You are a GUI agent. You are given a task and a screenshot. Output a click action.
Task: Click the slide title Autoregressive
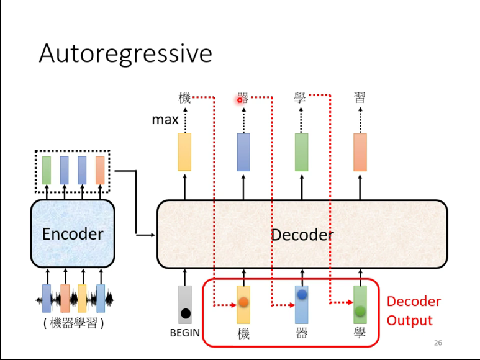pyautogui.click(x=125, y=54)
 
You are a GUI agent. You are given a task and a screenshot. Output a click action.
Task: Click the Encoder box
pyautogui.click(x=73, y=233)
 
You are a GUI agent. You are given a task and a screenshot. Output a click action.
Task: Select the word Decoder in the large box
pyautogui.click(x=302, y=235)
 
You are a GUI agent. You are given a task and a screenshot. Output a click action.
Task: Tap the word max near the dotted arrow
pyautogui.click(x=165, y=119)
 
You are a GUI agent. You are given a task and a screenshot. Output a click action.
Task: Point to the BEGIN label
pyautogui.click(x=185, y=333)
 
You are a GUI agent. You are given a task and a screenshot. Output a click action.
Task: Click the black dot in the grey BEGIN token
pyautogui.click(x=185, y=313)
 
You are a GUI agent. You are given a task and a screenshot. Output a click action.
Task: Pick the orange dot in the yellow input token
pyautogui.click(x=243, y=302)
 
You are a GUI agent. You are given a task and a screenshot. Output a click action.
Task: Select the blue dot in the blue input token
pyautogui.click(x=302, y=295)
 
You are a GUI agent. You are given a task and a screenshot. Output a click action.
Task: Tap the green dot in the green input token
pyautogui.click(x=360, y=310)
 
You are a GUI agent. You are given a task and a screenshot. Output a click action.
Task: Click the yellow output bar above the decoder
pyautogui.click(x=184, y=151)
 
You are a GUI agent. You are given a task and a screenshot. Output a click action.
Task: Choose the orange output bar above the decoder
pyautogui.click(x=360, y=151)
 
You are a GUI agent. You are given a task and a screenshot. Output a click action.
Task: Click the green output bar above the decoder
pyautogui.click(x=301, y=151)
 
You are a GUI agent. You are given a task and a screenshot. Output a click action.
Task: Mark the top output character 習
pyautogui.click(x=360, y=97)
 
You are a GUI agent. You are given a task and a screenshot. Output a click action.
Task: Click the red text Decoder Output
pyautogui.click(x=414, y=311)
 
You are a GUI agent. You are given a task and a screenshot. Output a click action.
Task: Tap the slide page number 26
pyautogui.click(x=438, y=343)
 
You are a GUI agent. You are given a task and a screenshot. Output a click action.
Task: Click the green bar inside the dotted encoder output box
pyautogui.click(x=47, y=170)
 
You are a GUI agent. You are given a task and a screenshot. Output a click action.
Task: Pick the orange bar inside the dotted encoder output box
pyautogui.click(x=100, y=170)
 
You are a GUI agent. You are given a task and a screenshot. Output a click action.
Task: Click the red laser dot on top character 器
pyautogui.click(x=240, y=100)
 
